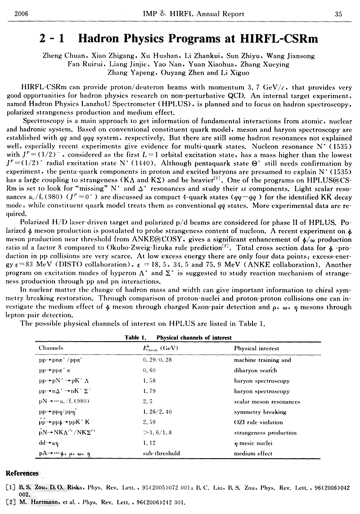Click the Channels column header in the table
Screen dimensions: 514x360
tap(51, 348)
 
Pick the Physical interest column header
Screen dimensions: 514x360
tap(256, 348)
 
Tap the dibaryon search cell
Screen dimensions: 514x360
tap(255, 370)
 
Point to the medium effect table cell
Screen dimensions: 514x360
tap(253, 454)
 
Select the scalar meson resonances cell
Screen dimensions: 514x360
tap(267, 401)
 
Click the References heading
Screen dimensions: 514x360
tap(22, 473)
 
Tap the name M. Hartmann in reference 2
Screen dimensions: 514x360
tap(37, 502)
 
